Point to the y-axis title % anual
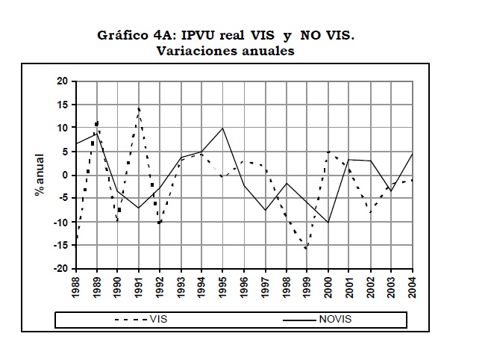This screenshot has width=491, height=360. pyautogui.click(x=40, y=175)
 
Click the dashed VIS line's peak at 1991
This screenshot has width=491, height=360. pyautogui.click(x=139, y=107)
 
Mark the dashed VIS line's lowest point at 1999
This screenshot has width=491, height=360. pyautogui.click(x=307, y=249)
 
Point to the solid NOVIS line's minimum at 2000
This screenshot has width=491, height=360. pyautogui.click(x=328, y=222)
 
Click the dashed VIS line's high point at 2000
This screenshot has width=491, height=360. pyautogui.click(x=328, y=152)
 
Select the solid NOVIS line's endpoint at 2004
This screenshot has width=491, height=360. pyautogui.click(x=412, y=154)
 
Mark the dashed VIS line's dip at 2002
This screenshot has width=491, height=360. pyautogui.click(x=370, y=212)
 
